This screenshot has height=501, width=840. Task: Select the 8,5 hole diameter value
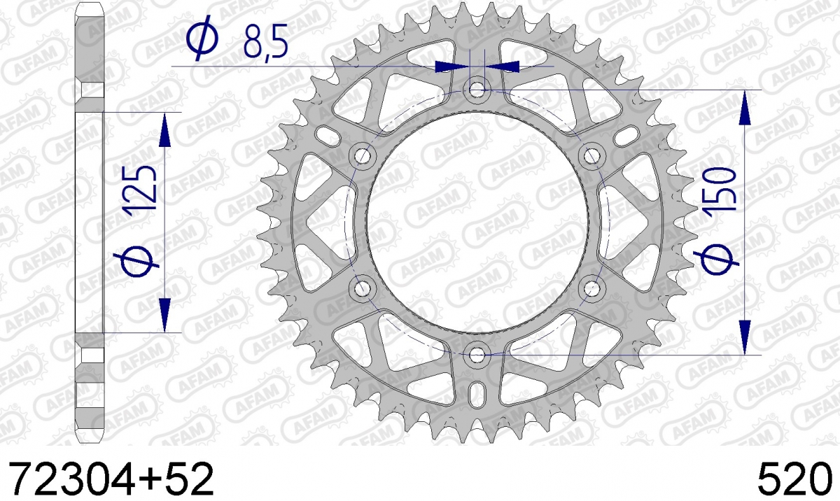[x=266, y=41]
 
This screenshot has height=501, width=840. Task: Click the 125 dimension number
[x=141, y=191]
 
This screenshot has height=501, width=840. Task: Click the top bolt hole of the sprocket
[x=477, y=90]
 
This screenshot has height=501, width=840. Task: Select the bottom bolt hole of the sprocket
[x=477, y=355]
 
